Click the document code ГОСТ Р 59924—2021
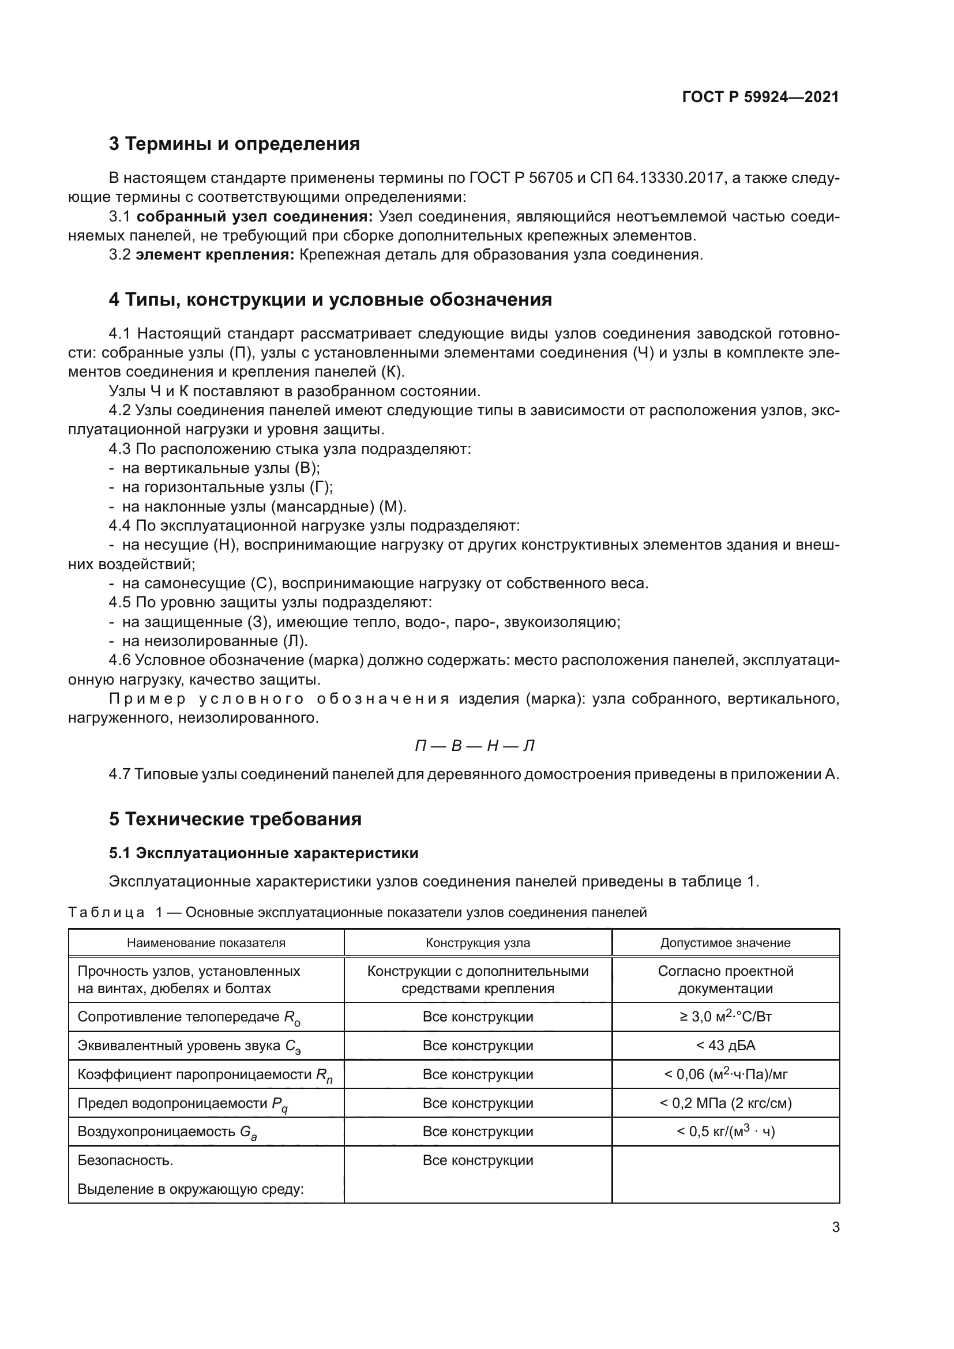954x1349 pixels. point(760,97)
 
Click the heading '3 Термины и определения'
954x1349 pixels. point(234,144)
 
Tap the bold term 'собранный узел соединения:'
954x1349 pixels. point(255,217)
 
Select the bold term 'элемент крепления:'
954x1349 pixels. point(215,255)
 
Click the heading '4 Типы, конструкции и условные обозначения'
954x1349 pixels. point(330,300)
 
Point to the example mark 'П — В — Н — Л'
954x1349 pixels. point(475,746)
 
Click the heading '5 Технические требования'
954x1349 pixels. point(235,819)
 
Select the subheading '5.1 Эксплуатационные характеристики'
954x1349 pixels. point(264,853)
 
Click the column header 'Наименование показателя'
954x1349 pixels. point(206,943)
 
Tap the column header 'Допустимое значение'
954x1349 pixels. point(726,943)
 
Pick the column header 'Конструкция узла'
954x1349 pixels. point(478,943)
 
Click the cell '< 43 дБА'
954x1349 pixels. point(726,1046)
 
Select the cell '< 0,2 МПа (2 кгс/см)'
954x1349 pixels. point(726,1103)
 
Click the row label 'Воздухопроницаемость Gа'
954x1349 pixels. point(167,1132)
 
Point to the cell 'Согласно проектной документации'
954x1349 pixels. point(726,979)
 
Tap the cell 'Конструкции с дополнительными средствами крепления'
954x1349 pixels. point(478,979)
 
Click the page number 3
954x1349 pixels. point(835,1227)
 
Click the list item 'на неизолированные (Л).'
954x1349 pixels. point(215,641)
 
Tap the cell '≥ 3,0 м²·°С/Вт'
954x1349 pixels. point(726,1016)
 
